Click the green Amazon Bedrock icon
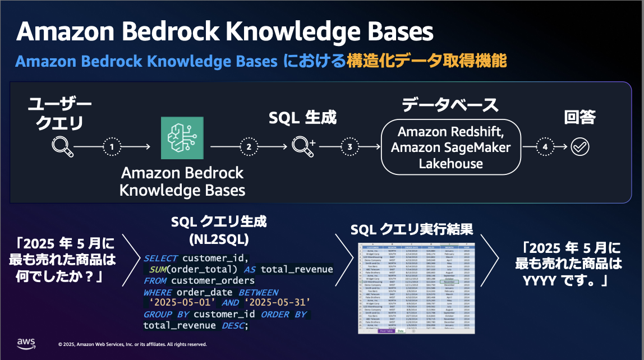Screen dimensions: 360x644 point(182,138)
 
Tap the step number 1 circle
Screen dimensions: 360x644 point(112,147)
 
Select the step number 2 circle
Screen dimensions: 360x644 point(249,147)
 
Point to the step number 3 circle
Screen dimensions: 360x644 point(349,147)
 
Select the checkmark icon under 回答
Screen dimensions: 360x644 point(579,147)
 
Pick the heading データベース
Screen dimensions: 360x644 point(450,105)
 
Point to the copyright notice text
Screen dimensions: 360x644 point(132,344)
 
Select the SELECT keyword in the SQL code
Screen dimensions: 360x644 point(160,259)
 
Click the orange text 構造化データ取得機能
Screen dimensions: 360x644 point(427,60)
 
